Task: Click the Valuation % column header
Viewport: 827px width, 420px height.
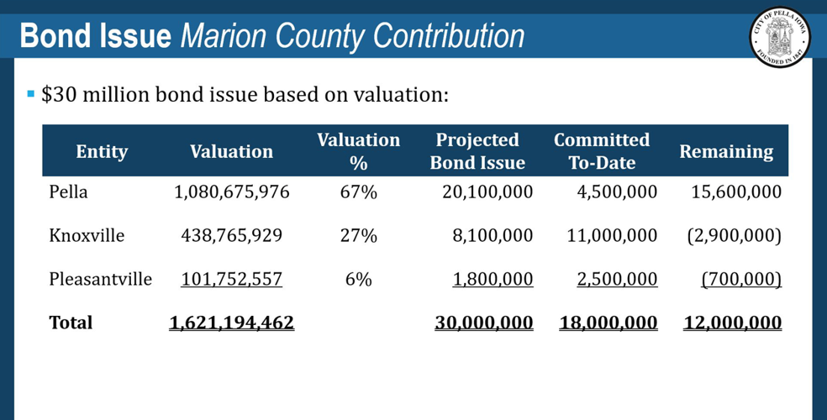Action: [x=358, y=151]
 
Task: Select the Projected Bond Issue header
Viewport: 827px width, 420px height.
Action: [x=477, y=151]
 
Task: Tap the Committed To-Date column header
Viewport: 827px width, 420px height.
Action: [x=602, y=151]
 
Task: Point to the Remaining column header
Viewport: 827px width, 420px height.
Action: [x=726, y=152]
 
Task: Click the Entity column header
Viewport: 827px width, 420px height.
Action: [x=102, y=152]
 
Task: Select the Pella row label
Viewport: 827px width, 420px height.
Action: [x=68, y=192]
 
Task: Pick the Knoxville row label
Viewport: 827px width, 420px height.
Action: [x=87, y=236]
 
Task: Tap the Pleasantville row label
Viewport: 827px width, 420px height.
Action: [x=100, y=279]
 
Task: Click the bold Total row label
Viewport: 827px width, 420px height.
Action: [x=71, y=323]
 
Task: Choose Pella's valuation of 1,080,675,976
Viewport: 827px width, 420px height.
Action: [x=232, y=192]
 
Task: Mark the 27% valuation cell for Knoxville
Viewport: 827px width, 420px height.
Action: [x=358, y=236]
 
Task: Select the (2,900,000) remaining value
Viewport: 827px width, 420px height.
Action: [x=734, y=236]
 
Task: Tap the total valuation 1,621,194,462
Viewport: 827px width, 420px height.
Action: [x=232, y=323]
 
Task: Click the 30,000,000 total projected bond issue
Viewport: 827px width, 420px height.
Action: [x=484, y=323]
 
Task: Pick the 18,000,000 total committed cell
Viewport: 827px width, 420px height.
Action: [x=608, y=323]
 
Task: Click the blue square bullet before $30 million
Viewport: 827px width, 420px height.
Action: [x=31, y=93]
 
